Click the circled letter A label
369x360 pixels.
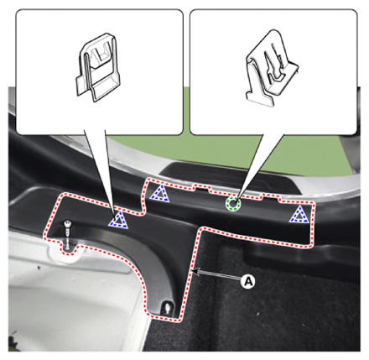(248, 281)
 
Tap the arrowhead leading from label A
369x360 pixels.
(195, 271)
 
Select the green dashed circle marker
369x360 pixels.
(233, 203)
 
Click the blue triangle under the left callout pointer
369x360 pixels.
(118, 220)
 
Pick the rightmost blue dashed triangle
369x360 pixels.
(299, 215)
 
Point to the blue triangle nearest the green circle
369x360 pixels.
(159, 193)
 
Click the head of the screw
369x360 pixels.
(68, 224)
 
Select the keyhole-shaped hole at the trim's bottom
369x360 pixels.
(168, 308)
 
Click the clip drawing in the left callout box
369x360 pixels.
(97, 66)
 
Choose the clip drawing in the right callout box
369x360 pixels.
(271, 69)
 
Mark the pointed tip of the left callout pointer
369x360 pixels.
(115, 213)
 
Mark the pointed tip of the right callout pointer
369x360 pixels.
(236, 200)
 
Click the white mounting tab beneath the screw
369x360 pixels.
(64, 252)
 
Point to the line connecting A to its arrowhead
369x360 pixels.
(220, 274)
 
